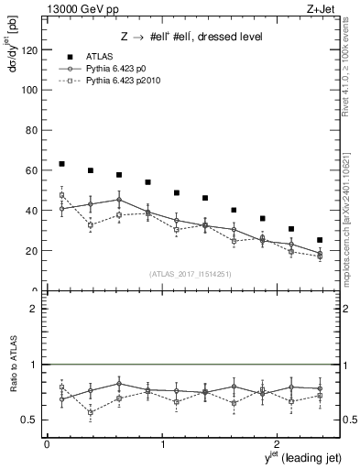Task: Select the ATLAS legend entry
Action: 101,55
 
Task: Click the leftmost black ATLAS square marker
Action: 61,164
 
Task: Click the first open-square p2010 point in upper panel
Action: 61,195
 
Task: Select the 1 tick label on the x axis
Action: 162,444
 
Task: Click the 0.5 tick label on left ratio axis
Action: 30,420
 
